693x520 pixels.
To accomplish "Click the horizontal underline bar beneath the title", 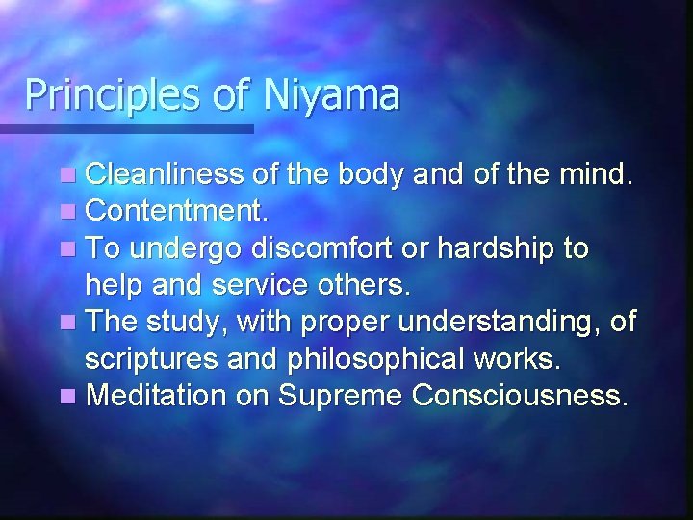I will point(125,127).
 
